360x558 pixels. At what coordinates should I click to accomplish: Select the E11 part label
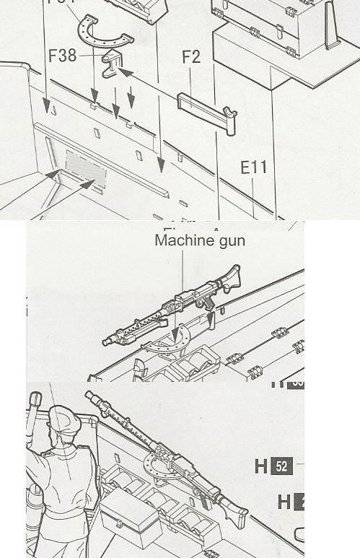click(253, 167)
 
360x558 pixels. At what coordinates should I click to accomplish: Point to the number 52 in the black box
click(281, 466)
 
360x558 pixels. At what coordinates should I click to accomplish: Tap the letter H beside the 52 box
click(261, 466)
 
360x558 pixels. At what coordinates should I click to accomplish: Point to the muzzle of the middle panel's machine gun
click(108, 339)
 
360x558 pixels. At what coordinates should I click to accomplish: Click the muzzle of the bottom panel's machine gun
click(89, 396)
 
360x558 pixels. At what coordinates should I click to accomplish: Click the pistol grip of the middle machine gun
click(208, 299)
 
